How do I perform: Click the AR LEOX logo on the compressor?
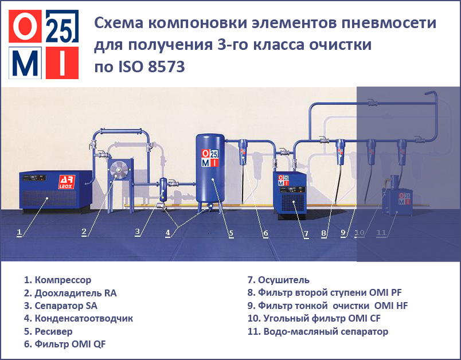[x=67, y=182]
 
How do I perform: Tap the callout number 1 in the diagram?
[x=19, y=233]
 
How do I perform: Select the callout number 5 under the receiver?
[x=231, y=233]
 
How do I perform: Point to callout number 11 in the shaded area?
[x=381, y=233]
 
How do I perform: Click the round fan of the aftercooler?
[x=119, y=170]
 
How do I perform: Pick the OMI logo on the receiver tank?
[x=210, y=158]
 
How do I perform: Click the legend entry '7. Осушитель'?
[x=278, y=280]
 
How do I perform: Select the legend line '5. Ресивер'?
[x=48, y=331]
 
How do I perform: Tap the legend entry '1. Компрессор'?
[x=57, y=280]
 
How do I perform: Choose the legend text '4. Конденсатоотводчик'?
[x=79, y=319]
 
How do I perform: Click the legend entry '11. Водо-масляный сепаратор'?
[x=318, y=331]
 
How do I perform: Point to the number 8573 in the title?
[x=166, y=66]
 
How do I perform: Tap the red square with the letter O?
[x=25, y=26]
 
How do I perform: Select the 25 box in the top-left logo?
[x=62, y=26]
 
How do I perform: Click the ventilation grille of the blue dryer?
[x=293, y=203]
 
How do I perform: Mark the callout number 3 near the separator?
[x=137, y=232]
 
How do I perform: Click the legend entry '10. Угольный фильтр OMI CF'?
[x=314, y=319]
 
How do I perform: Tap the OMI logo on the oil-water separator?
[x=404, y=199]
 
